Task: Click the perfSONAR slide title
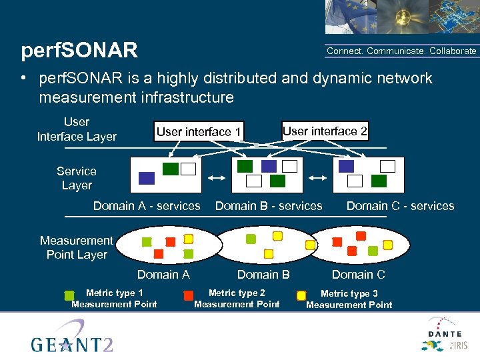79,51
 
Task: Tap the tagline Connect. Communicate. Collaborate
401,51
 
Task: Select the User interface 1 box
199,131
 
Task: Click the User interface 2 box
325,131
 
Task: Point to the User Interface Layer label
77,129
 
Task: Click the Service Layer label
77,179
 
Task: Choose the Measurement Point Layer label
77,247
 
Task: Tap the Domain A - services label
147,206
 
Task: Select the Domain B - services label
269,206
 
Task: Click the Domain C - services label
400,206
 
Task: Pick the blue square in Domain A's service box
147,178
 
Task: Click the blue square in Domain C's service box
346,166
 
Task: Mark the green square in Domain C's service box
379,181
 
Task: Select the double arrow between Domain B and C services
318,178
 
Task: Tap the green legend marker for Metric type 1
69,295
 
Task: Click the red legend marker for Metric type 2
189,295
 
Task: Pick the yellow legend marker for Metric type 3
301,295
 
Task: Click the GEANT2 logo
70,337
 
